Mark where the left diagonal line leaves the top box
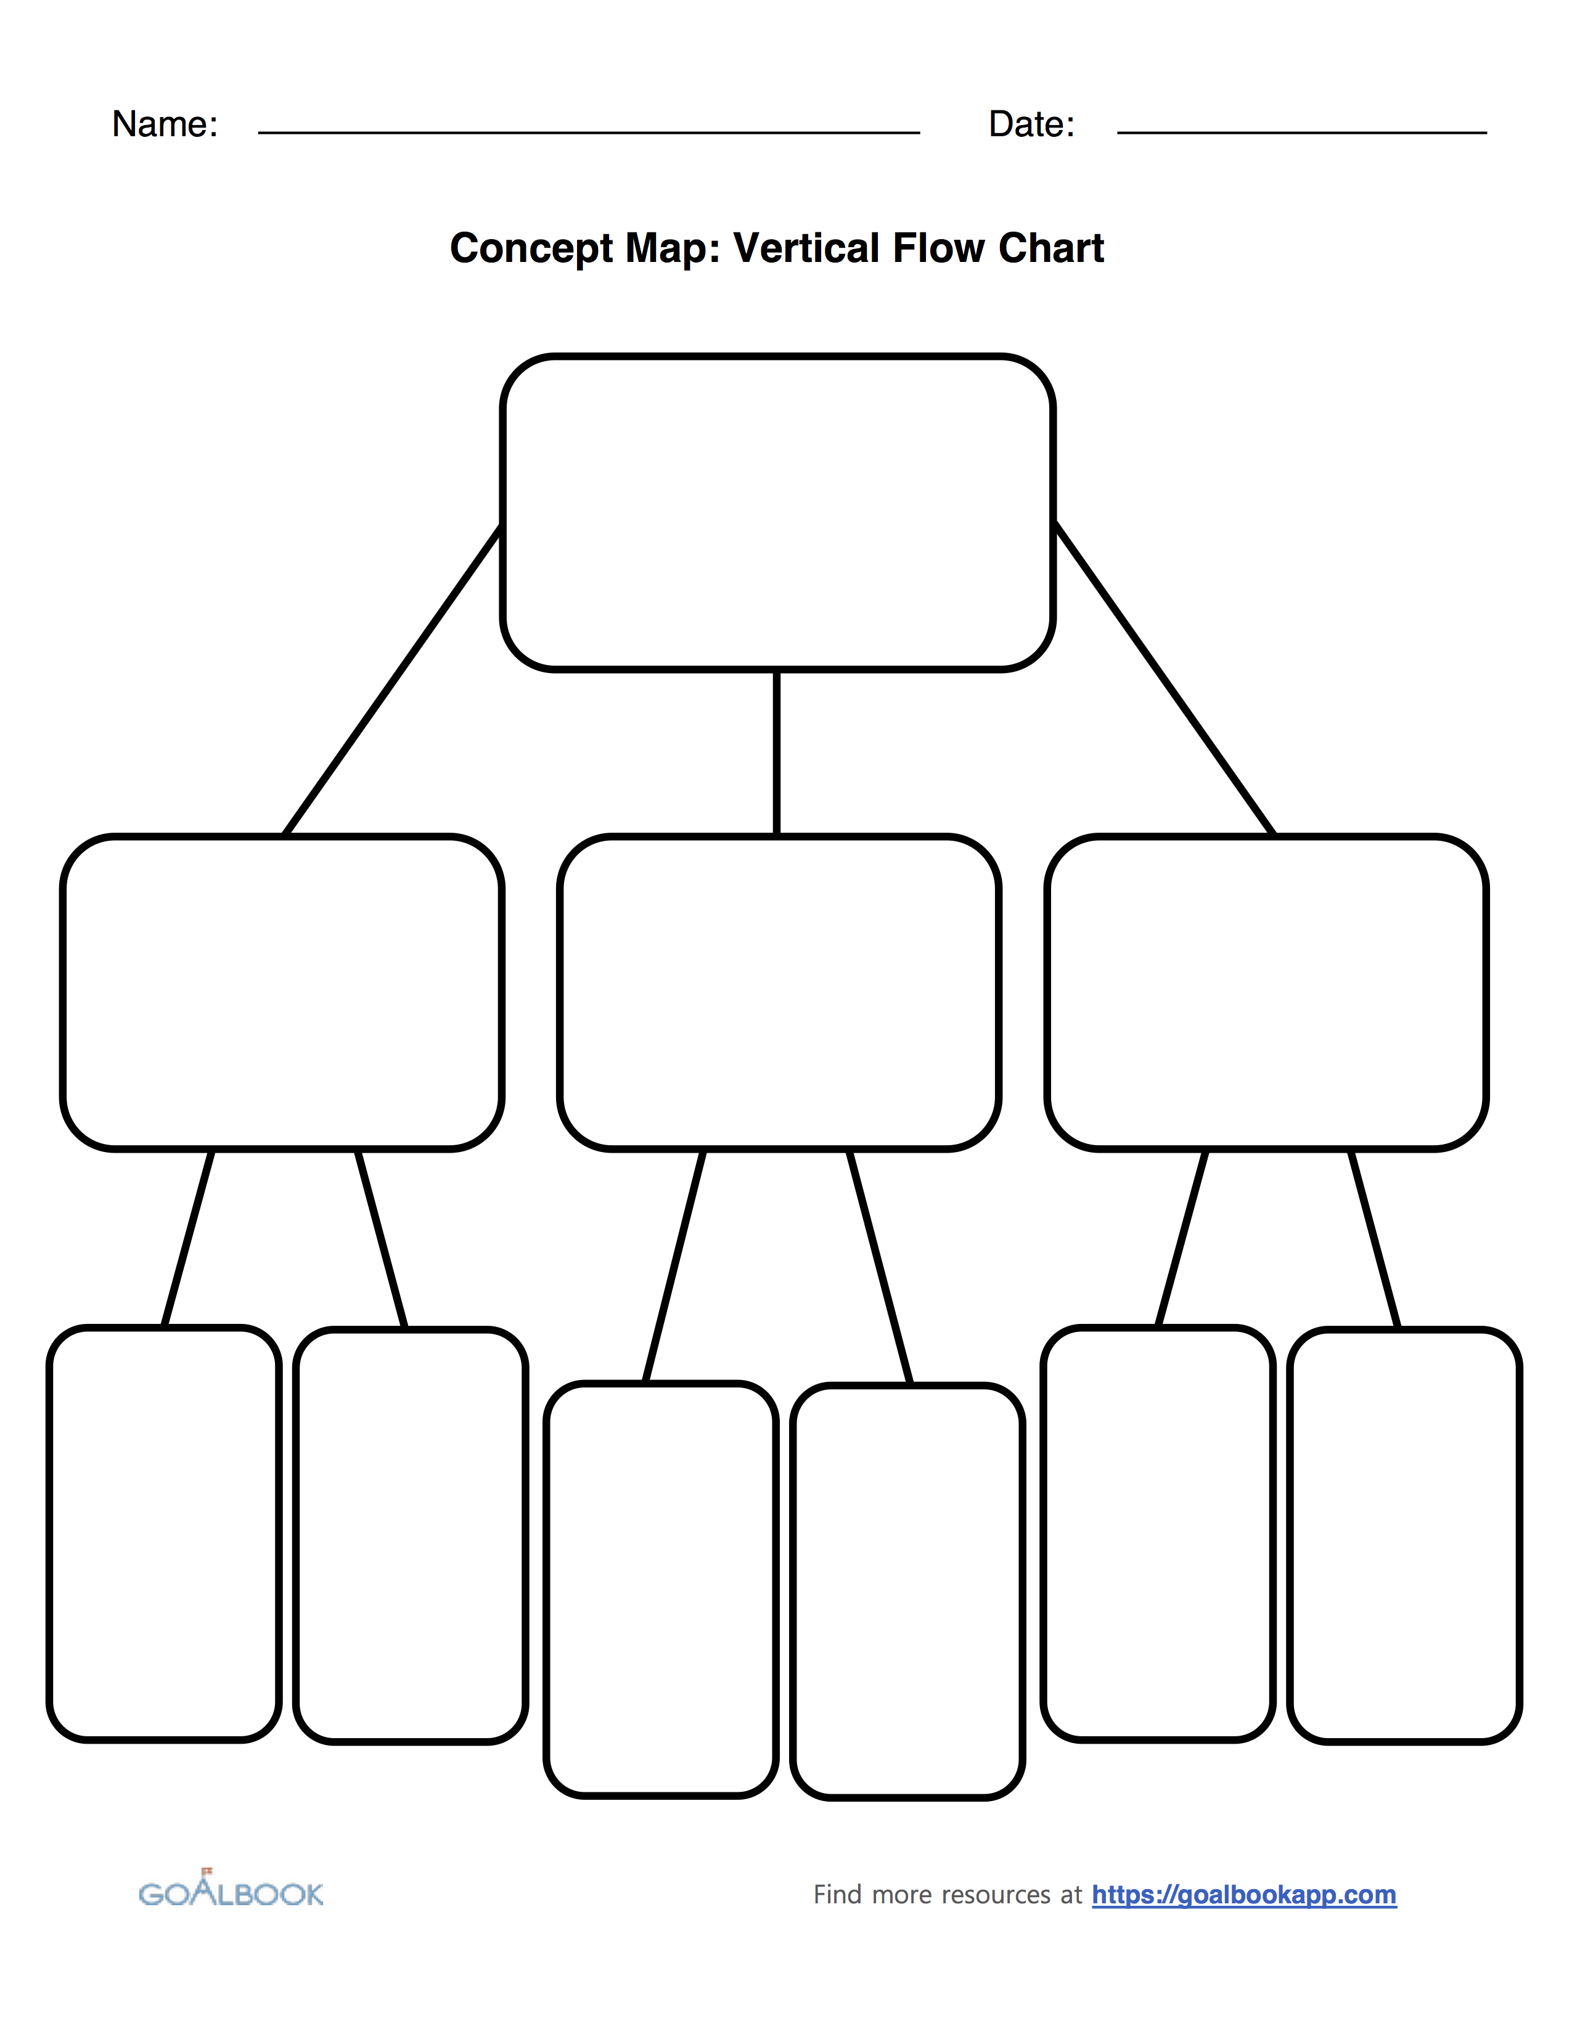[502, 527]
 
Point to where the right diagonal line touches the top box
[1054, 525]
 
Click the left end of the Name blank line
[259, 133]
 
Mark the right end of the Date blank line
[1486, 133]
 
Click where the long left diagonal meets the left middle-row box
[285, 835]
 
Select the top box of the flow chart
[777, 512]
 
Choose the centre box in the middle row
[779, 993]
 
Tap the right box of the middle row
[1267, 993]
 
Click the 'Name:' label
[165, 124]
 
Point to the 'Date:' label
[1032, 124]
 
